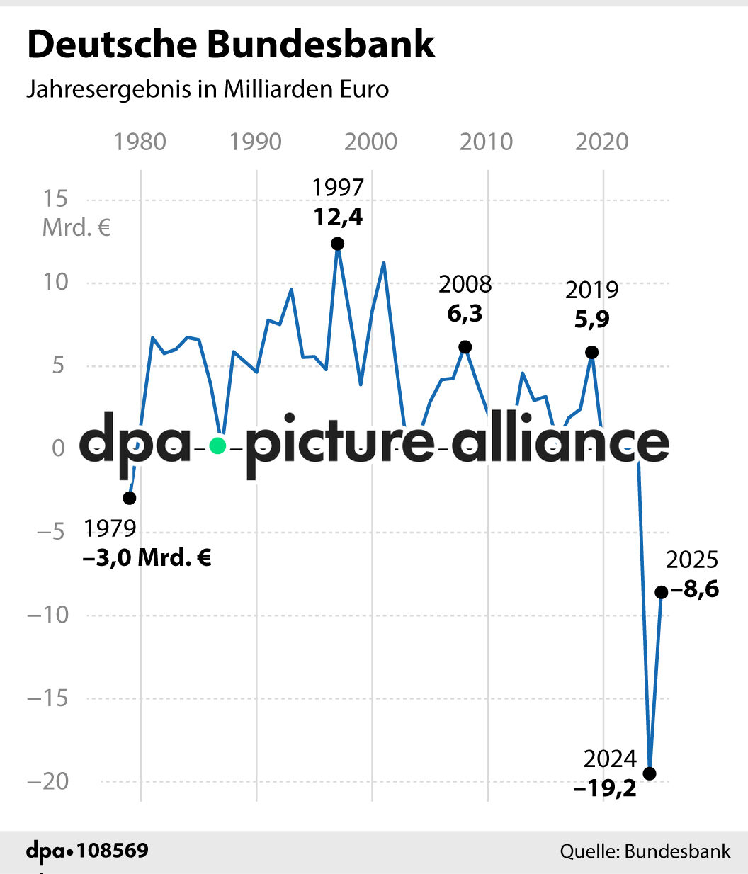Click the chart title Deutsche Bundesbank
(x=231, y=44)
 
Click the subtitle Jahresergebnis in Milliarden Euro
(x=208, y=89)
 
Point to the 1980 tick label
(x=140, y=142)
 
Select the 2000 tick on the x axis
(x=370, y=142)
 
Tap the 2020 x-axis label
(x=601, y=142)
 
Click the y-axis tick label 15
(x=55, y=198)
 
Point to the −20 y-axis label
(x=48, y=781)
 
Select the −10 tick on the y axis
(x=48, y=614)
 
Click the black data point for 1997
(x=338, y=244)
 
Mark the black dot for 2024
(x=649, y=773)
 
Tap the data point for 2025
(x=661, y=592)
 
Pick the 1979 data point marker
(x=130, y=498)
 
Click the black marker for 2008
(x=465, y=347)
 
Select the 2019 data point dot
(x=591, y=352)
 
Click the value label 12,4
(x=338, y=217)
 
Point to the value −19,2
(x=605, y=788)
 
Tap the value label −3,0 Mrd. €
(x=147, y=557)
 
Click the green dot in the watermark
(x=217, y=445)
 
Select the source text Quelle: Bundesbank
(x=645, y=851)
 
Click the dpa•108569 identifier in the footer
(x=87, y=850)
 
